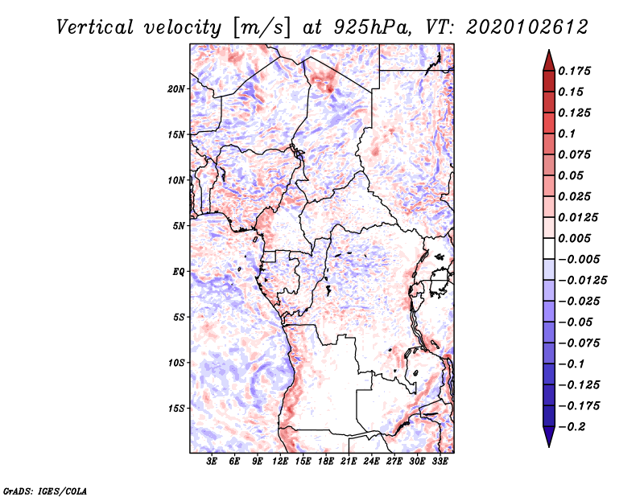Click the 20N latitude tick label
pyautogui.click(x=176, y=88)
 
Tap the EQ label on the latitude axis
pyautogui.click(x=178, y=271)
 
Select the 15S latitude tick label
pyautogui.click(x=176, y=408)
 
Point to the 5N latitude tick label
pyautogui.click(x=179, y=226)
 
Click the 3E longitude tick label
pyautogui.click(x=212, y=462)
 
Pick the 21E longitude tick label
pyautogui.click(x=349, y=462)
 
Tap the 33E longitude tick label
pyautogui.click(x=440, y=462)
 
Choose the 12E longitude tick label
pyautogui.click(x=280, y=462)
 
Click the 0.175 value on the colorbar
pyautogui.click(x=576, y=71)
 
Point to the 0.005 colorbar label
pyautogui.click(x=576, y=238)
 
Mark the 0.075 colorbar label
pyautogui.click(x=576, y=154)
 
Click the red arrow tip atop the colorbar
pyautogui.click(x=548, y=56)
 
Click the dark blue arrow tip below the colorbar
pyautogui.click(x=548, y=441)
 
